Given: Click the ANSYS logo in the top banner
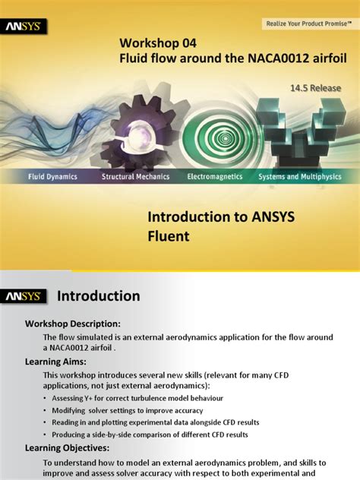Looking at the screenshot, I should (25, 27).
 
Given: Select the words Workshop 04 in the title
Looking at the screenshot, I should (156, 42).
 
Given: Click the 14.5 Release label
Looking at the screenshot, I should (321, 89).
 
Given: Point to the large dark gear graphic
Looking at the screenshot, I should (148, 129).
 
